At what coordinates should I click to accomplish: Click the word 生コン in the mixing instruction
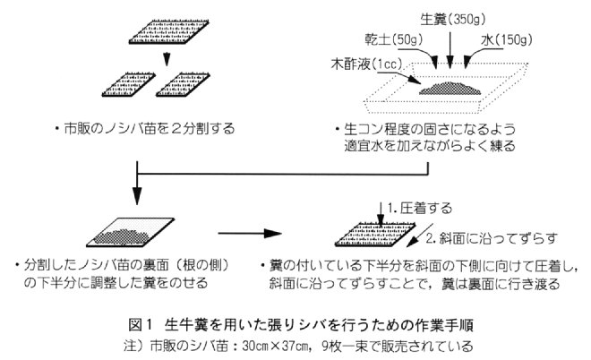pyautogui.click(x=363, y=129)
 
